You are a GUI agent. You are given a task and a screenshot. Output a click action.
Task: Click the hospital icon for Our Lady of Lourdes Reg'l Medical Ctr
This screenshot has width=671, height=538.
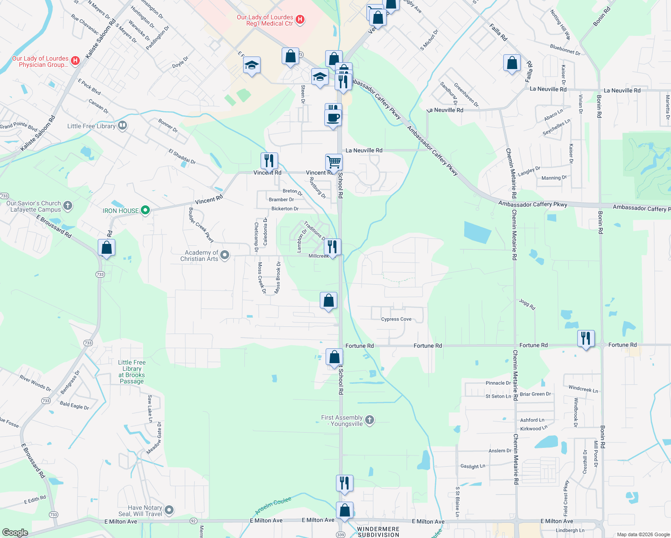pyautogui.click(x=301, y=20)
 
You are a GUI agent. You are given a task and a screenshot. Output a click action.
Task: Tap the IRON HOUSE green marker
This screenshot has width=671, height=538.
pyautogui.click(x=145, y=210)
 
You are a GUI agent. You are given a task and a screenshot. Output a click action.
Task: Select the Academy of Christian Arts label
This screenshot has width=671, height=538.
pyautogui.click(x=199, y=256)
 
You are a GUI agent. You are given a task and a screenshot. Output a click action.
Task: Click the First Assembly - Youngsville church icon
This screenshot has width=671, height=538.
pyautogui.click(x=370, y=420)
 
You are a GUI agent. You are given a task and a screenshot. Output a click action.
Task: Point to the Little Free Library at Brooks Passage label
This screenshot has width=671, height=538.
pyautogui.click(x=131, y=372)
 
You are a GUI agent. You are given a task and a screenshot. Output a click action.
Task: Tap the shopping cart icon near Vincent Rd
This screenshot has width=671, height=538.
pyautogui.click(x=334, y=162)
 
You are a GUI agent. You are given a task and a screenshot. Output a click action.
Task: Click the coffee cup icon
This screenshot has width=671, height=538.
pyautogui.click(x=333, y=118)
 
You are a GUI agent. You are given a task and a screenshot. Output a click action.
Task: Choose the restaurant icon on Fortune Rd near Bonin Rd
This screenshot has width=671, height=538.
pyautogui.click(x=586, y=338)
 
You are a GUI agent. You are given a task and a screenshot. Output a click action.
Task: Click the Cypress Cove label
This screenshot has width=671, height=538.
pyautogui.click(x=396, y=319)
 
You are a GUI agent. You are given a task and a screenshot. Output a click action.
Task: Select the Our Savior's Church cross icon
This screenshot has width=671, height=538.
pyautogui.click(x=68, y=205)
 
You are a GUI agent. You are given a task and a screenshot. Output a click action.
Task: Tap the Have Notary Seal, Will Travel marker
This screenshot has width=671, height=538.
pyautogui.click(x=169, y=510)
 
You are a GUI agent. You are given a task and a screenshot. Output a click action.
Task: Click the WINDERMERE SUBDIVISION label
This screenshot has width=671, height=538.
pyautogui.click(x=378, y=532)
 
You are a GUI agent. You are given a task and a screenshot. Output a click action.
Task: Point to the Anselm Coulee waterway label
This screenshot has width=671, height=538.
pyautogui.click(x=273, y=506)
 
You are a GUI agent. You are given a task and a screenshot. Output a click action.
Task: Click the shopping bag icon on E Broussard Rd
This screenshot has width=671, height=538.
pyautogui.click(x=107, y=247)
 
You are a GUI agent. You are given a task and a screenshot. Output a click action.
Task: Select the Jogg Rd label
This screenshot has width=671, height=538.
pyautogui.click(x=527, y=304)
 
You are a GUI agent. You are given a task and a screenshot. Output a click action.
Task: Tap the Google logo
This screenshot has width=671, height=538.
pyautogui.click(x=15, y=532)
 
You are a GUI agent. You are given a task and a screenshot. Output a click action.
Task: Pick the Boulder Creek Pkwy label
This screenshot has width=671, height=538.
pyautogui.click(x=200, y=225)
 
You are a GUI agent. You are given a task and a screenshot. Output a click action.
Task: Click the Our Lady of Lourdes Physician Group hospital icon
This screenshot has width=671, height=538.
pyautogui.click(x=75, y=61)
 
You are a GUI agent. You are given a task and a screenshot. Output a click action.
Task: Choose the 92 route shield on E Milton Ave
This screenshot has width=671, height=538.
pyautogui.click(x=193, y=521)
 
